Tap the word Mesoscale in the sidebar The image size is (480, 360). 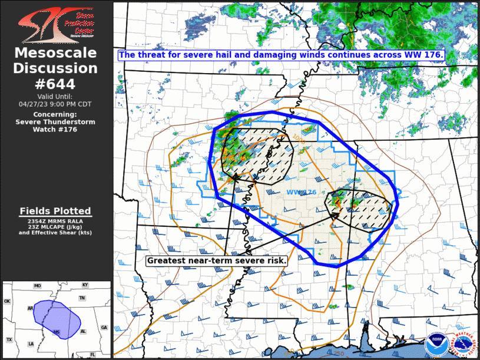(56, 54)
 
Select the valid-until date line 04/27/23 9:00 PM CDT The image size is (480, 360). (56, 103)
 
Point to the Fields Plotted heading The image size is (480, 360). (56, 211)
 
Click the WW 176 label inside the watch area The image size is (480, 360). (302, 193)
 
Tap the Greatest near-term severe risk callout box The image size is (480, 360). (216, 260)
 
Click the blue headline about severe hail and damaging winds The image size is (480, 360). (280, 55)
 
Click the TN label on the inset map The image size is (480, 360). (82, 298)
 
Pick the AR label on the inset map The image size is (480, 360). (30, 308)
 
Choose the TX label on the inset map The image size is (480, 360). (9, 340)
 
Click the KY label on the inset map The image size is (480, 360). (85, 286)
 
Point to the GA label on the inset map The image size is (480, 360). (104, 328)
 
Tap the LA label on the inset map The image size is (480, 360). (31, 344)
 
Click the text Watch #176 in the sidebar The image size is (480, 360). (56, 130)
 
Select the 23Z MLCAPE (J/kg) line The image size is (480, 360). (56, 226)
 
